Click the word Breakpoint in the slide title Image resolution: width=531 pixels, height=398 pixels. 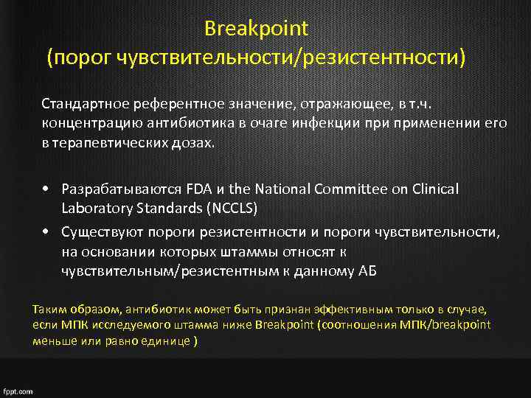[256, 29]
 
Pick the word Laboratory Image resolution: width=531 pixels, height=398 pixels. [96, 208]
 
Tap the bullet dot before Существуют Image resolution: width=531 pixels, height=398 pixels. [46, 233]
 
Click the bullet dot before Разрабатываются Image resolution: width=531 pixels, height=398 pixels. [46, 189]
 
